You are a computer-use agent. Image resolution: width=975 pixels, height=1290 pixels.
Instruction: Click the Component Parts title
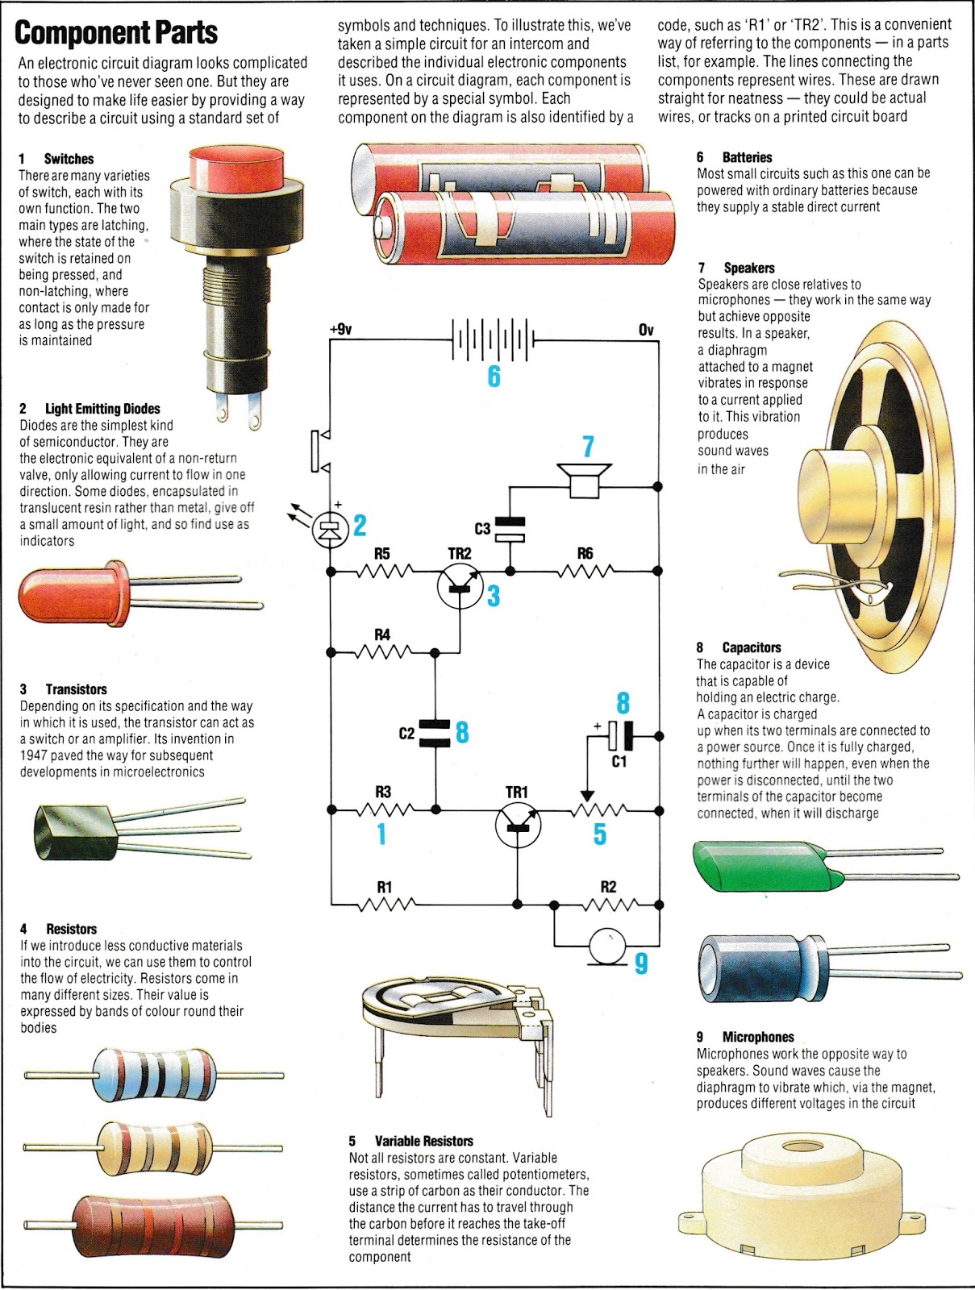pyautogui.click(x=116, y=32)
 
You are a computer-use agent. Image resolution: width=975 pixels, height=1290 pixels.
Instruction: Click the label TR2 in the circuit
pyautogui.click(x=460, y=553)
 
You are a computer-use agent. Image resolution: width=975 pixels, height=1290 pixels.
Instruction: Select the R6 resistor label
pyautogui.click(x=585, y=553)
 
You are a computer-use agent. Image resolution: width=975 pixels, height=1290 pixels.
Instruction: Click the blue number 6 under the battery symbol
pyautogui.click(x=494, y=377)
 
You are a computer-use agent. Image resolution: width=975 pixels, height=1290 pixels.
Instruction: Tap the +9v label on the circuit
pyautogui.click(x=341, y=329)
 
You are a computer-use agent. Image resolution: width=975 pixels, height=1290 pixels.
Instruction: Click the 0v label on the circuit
pyautogui.click(x=646, y=330)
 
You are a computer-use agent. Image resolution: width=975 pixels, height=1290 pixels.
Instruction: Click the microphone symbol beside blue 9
pyautogui.click(x=607, y=945)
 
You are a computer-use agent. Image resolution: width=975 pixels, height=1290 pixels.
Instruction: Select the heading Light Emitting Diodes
pyautogui.click(x=102, y=409)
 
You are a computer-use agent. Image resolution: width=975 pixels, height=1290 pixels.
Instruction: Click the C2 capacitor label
pyautogui.click(x=406, y=734)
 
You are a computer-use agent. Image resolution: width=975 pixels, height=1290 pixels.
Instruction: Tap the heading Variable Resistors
pyautogui.click(x=423, y=1141)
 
